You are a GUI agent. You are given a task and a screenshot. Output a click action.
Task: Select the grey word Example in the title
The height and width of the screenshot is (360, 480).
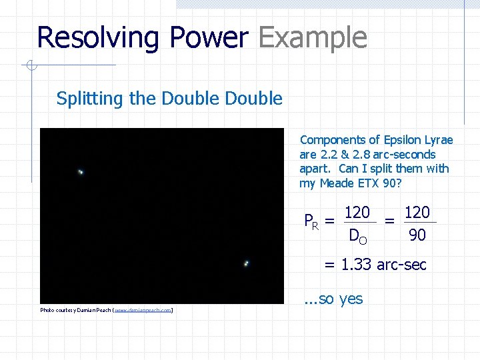coord(312,38)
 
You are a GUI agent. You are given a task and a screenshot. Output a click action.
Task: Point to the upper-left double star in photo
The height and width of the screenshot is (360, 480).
coord(81,172)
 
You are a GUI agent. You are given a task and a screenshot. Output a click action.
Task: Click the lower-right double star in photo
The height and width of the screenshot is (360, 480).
coord(246,263)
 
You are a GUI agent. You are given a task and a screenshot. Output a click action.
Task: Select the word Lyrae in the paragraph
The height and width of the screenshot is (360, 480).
coord(438,140)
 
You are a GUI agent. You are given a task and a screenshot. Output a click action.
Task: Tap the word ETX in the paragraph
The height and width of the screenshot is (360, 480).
coord(371,183)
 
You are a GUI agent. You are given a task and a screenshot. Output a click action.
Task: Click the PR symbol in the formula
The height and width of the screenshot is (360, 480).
coord(310,221)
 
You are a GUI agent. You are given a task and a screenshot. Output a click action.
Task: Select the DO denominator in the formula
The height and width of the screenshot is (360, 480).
coord(357,235)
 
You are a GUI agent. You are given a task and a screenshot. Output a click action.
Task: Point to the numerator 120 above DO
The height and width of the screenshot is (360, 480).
coord(357,213)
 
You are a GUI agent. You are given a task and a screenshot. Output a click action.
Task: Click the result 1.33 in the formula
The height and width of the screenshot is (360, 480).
coord(357,265)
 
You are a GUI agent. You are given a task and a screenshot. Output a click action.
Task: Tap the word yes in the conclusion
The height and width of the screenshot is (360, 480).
coord(351,299)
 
